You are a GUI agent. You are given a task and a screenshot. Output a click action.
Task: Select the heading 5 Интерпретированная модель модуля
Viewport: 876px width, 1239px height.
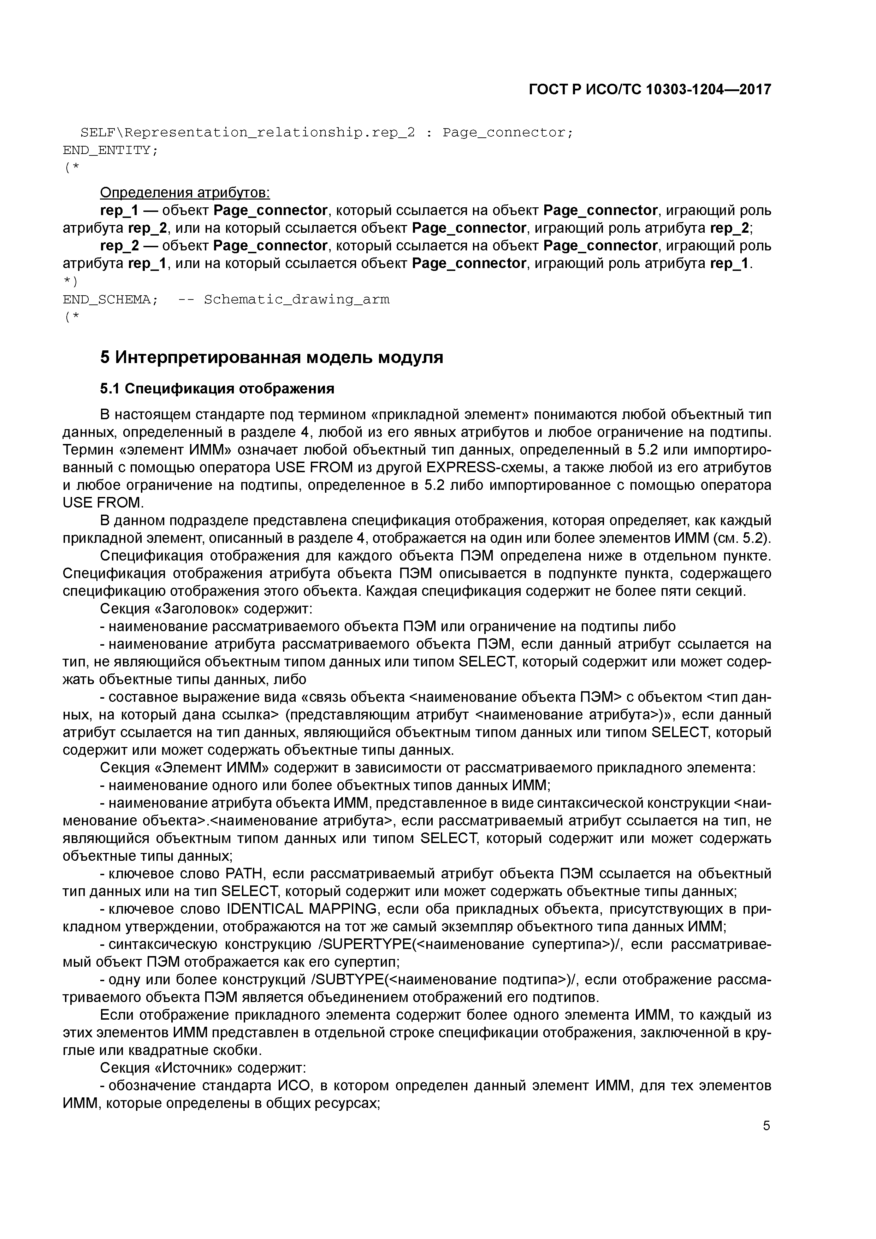click(x=272, y=357)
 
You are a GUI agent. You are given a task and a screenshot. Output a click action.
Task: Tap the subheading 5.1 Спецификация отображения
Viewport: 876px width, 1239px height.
click(x=217, y=389)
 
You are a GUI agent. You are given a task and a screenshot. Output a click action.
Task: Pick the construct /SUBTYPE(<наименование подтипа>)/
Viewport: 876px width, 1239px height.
click(x=445, y=980)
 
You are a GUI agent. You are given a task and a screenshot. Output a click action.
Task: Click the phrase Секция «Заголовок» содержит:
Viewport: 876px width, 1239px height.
click(x=206, y=609)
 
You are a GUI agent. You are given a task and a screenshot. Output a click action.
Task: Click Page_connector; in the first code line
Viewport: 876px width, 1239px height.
click(x=507, y=133)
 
